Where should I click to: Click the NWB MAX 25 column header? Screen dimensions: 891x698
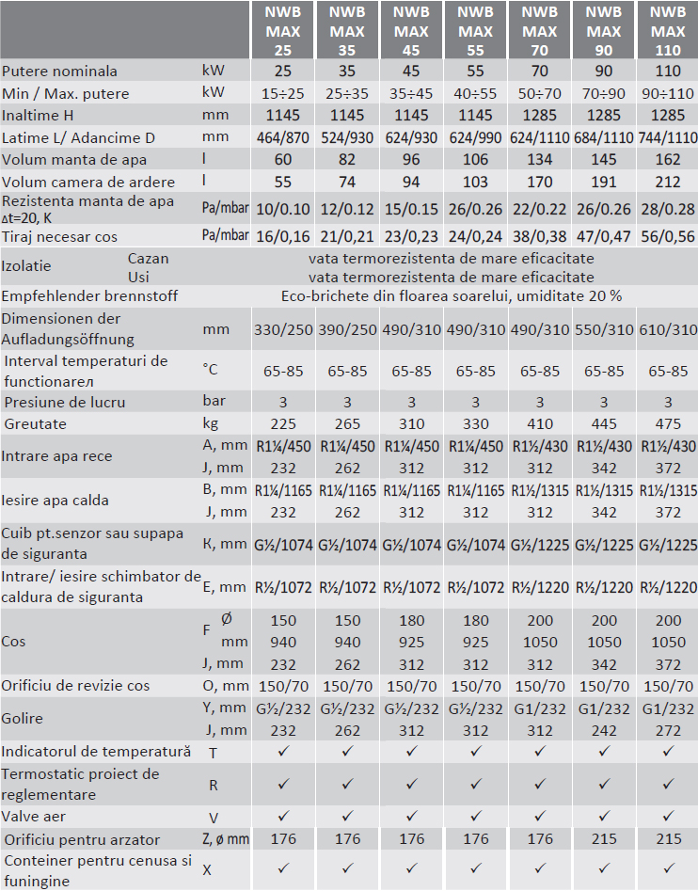[x=283, y=31]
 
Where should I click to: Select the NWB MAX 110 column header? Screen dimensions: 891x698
[x=668, y=31]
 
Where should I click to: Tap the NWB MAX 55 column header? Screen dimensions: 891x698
[x=475, y=31]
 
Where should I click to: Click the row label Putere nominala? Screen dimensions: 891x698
[x=59, y=71]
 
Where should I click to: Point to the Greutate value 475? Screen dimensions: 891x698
[x=668, y=424]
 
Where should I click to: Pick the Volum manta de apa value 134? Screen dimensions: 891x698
[x=539, y=160]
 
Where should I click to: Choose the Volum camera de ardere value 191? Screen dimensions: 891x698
[x=603, y=182]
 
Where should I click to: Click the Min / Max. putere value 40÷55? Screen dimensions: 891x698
[x=475, y=94]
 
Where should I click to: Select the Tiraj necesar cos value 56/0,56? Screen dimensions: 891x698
[x=668, y=235]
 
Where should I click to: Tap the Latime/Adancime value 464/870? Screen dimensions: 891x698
[x=283, y=137]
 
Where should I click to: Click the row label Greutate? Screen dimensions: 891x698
[x=36, y=424]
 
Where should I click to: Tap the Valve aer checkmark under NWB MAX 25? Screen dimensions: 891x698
[x=283, y=817]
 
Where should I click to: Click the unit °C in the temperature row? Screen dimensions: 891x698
[x=210, y=371]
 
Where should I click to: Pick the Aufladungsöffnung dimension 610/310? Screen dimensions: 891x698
[x=668, y=329]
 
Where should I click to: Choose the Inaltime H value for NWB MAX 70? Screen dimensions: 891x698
[x=539, y=115]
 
